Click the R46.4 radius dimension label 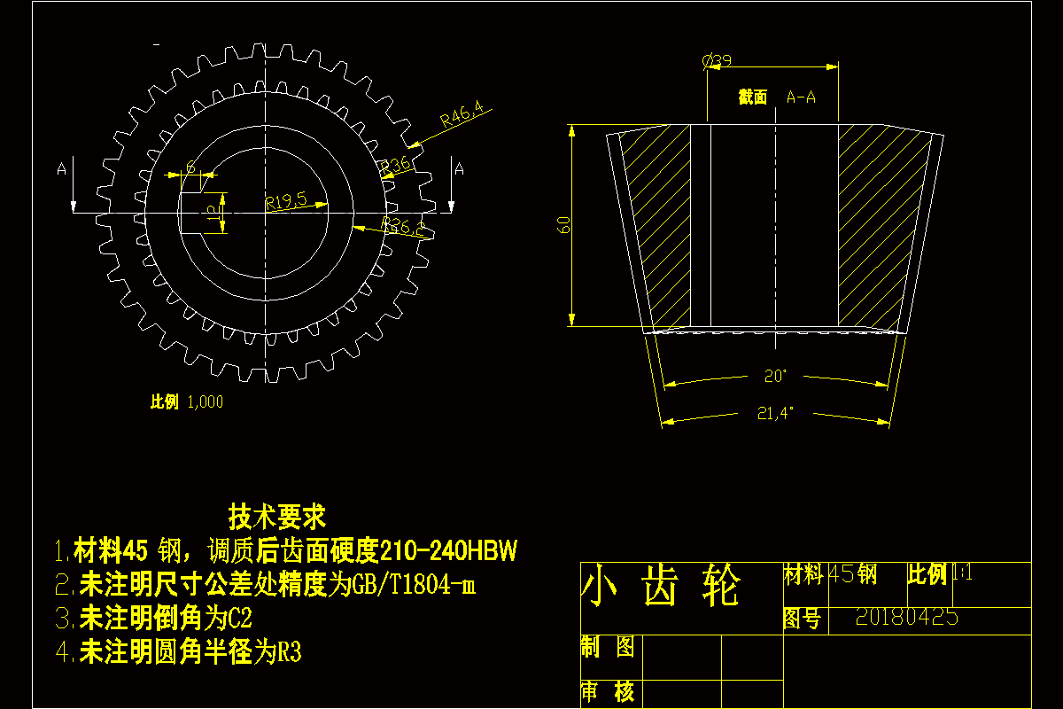[x=462, y=115]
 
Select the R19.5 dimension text [x=285, y=200]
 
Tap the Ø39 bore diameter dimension [x=717, y=61]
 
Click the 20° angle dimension [x=775, y=376]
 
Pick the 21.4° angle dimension [x=775, y=412]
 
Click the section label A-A [x=802, y=97]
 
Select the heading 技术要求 [x=277, y=515]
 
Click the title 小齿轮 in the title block [x=661, y=586]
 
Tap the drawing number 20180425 [x=907, y=618]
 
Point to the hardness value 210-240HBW [x=447, y=552]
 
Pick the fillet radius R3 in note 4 [x=290, y=653]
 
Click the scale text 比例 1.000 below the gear [x=186, y=402]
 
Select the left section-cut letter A [x=61, y=169]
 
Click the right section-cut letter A [x=458, y=169]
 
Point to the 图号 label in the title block [x=802, y=619]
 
